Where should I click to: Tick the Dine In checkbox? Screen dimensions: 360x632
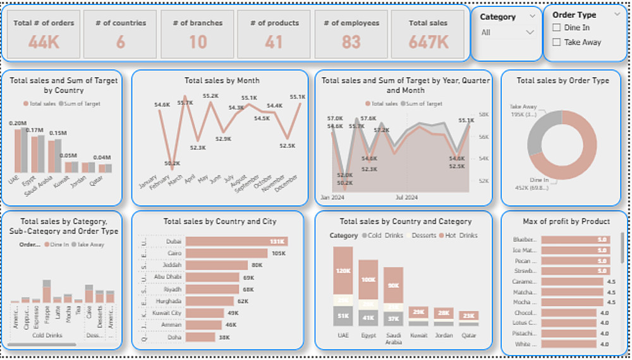coord(557,28)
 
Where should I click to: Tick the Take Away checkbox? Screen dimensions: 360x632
coord(557,42)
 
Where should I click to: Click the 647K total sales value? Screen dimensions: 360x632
coord(428,42)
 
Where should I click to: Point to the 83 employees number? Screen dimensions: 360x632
coord(351,42)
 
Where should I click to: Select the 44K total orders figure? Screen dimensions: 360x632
coord(44,42)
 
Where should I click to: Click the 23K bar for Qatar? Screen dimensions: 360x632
coord(468,316)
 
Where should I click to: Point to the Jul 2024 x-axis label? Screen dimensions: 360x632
coord(406,198)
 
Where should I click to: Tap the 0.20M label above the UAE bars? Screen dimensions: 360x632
coord(18,123)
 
